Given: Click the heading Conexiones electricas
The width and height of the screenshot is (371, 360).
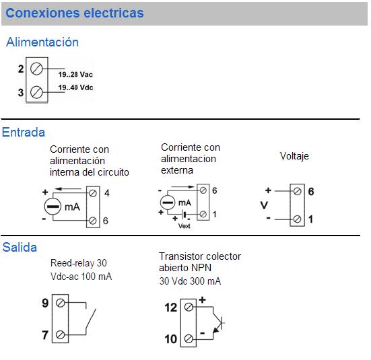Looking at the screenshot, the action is pyautogui.click(x=75, y=13).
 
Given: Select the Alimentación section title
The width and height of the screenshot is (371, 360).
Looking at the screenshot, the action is pyautogui.click(x=42, y=42).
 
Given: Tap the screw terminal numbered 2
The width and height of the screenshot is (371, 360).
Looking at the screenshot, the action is pyautogui.click(x=36, y=69).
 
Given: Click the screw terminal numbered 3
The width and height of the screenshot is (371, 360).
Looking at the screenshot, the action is pyautogui.click(x=36, y=92).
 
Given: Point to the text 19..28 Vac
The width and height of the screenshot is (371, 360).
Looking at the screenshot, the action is pyautogui.click(x=75, y=75).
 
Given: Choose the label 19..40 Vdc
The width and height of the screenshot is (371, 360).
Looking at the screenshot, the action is pyautogui.click(x=75, y=87).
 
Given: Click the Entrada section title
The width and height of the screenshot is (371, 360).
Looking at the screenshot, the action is pyautogui.click(x=24, y=132).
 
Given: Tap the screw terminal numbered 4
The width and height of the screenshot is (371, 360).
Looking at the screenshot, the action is pyautogui.click(x=93, y=194).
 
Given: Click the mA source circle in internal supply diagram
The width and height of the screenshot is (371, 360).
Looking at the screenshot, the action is pyautogui.click(x=53, y=207).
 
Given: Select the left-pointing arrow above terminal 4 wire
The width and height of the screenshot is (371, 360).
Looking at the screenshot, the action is pyautogui.click(x=68, y=189).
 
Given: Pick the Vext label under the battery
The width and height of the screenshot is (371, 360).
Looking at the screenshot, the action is pyautogui.click(x=184, y=226).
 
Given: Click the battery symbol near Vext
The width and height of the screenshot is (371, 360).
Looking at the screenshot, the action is pyautogui.click(x=184, y=215).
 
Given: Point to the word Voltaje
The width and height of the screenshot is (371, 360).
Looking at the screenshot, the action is pyautogui.click(x=294, y=156).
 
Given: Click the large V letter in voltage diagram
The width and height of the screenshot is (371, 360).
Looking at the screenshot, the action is pyautogui.click(x=264, y=205).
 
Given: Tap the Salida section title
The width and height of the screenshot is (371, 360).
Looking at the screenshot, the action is pyautogui.click(x=20, y=248).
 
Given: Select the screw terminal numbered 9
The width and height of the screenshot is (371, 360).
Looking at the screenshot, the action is pyautogui.click(x=61, y=303).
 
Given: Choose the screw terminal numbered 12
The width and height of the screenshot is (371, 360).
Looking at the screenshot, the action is pyautogui.click(x=189, y=308).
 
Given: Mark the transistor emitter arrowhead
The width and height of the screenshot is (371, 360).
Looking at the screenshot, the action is pyautogui.click(x=215, y=330).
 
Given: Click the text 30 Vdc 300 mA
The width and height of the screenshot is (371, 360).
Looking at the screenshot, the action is pyautogui.click(x=190, y=281).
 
